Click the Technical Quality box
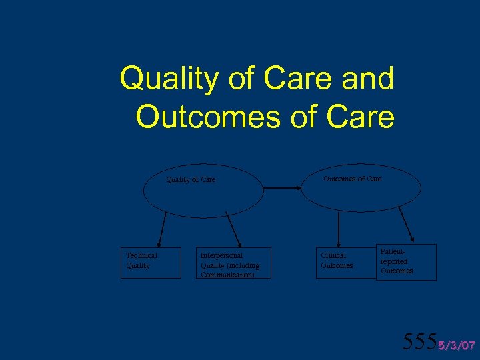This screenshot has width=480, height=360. [151, 263]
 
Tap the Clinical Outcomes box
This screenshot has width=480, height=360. [341, 263]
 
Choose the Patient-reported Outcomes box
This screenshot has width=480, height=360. [405, 262]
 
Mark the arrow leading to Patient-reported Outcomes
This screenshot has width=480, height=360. [406, 225]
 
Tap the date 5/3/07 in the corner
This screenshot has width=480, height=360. [456, 345]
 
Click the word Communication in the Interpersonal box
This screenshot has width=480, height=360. [227, 274]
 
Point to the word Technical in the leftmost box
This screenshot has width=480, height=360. [141, 255]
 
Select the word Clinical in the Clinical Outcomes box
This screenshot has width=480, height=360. [333, 255]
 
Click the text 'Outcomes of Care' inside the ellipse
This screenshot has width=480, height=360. [353, 179]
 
